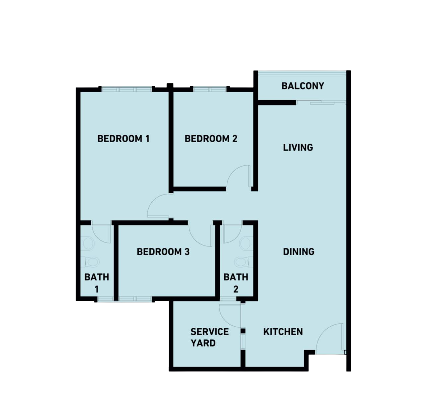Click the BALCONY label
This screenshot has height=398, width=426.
303,86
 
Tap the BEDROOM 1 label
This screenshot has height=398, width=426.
123,139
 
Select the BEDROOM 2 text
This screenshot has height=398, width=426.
211,139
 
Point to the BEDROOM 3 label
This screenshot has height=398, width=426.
163,252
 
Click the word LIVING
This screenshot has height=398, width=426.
298,148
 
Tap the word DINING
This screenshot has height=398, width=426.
299,252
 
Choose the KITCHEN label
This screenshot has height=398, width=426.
283,332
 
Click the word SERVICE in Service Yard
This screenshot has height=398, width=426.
210,332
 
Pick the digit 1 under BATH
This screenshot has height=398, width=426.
97,289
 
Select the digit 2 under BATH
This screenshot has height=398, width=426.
236,289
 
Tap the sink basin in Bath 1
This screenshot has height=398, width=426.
88,244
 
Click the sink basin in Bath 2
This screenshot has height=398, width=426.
247,244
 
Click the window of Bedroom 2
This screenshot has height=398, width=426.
210,89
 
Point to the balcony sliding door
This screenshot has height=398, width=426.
321,102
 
